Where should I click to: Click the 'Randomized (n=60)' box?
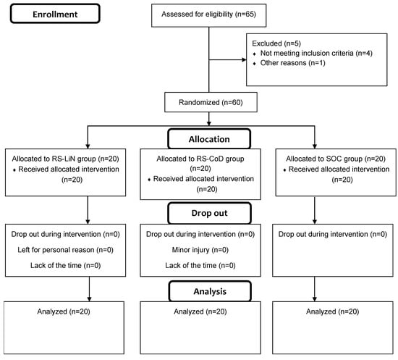210,102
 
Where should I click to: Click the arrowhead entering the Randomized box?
210,91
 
